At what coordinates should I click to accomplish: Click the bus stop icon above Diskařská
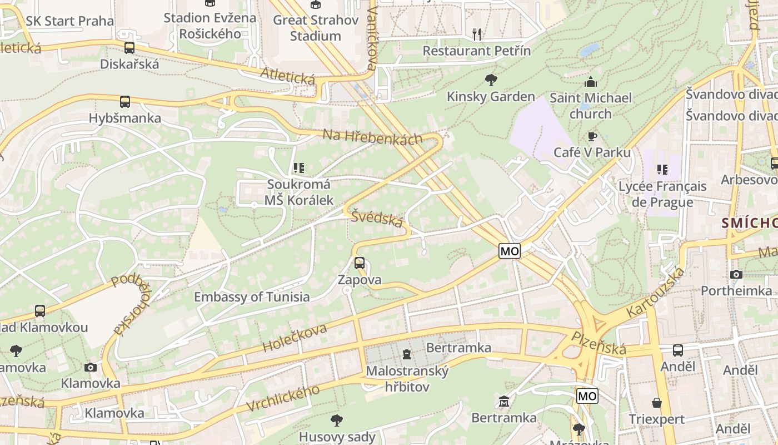[129, 48]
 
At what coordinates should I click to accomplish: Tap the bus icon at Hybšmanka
[125, 102]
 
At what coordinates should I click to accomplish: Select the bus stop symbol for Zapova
[360, 263]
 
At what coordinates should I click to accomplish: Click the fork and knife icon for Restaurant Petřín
[477, 34]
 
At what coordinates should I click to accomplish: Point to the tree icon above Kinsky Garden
[491, 80]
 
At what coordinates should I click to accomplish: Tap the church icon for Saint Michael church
[590, 82]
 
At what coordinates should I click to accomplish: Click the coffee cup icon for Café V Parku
[592, 136]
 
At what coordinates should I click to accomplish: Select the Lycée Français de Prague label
[662, 194]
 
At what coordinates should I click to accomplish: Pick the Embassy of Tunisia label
[252, 296]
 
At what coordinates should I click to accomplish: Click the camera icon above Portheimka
[736, 274]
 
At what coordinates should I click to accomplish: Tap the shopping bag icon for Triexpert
[657, 402]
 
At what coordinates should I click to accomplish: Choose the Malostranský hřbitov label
[407, 379]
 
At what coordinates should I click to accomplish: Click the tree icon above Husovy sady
[336, 420]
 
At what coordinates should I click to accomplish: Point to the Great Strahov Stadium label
[315, 28]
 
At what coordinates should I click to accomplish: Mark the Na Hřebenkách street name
[372, 137]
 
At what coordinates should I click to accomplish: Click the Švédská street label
[377, 219]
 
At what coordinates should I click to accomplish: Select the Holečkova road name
[295, 338]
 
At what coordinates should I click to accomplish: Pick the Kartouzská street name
[656, 293]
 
